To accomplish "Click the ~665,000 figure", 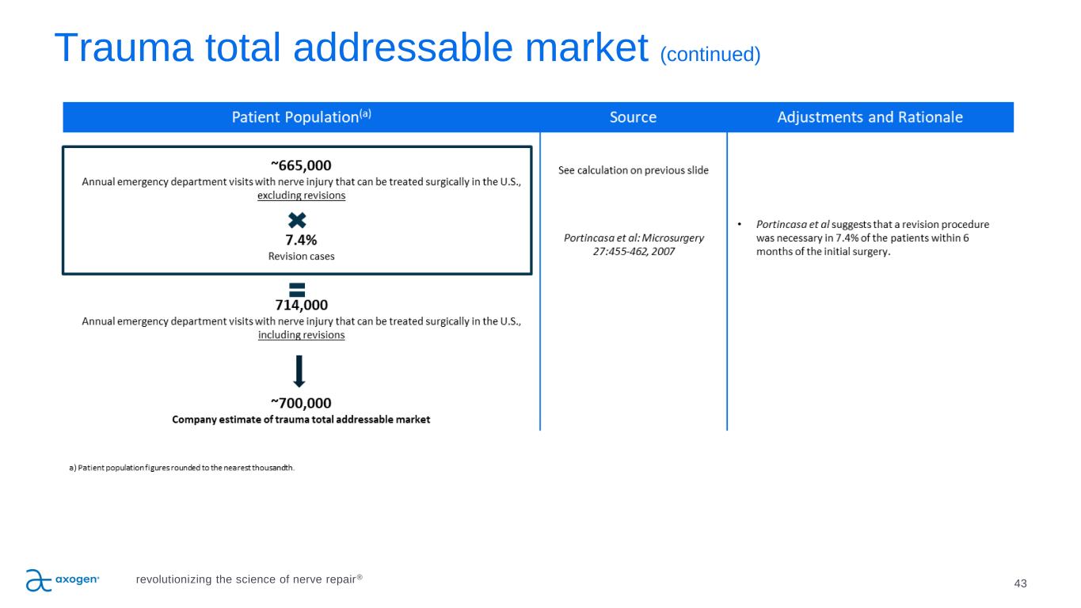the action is point(301,165).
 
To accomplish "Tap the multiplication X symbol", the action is point(297,220).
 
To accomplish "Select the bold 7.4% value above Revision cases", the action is point(301,240).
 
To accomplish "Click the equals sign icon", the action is point(297,290).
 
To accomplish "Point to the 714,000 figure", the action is point(301,305).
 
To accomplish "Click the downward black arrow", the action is point(299,371).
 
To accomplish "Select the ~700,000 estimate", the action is point(301,403).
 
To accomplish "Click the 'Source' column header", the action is point(633,117).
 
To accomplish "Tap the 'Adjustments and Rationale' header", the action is point(870,117).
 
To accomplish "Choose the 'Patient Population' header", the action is point(301,116).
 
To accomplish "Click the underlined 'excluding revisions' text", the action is point(301,196).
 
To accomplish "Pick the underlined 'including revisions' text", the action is point(301,335).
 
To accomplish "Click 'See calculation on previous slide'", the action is point(634,170).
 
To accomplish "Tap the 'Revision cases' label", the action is point(301,256).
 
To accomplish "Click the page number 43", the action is point(1020,583).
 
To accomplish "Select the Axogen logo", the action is point(63,580).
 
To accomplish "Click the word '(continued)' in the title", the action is point(710,55).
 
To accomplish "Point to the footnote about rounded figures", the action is point(181,468).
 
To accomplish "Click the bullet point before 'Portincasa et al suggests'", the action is point(740,224).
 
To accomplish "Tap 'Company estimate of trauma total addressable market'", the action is point(301,420).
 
